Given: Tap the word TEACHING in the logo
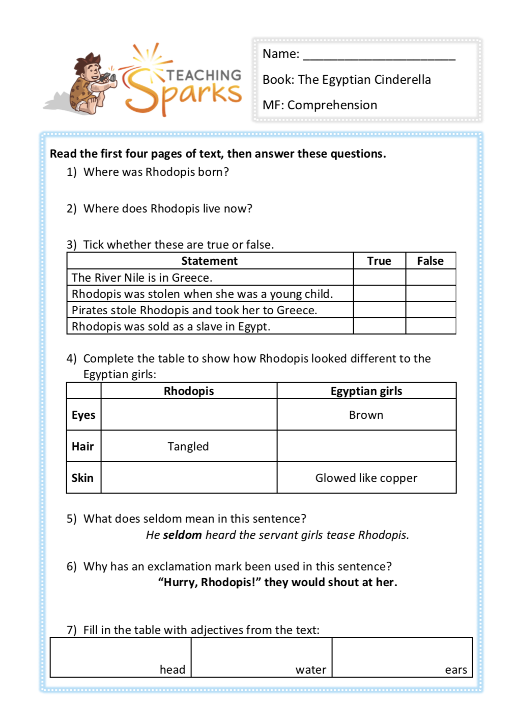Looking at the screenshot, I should click(x=204, y=75).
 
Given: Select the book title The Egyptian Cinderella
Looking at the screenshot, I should click(x=364, y=80).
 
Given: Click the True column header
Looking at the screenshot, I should click(x=379, y=261).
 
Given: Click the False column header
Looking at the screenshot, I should click(x=430, y=261).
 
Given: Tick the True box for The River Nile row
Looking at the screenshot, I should click(x=379, y=278).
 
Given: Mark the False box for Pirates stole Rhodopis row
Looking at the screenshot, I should click(x=430, y=310).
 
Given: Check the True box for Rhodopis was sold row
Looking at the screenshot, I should click(x=379, y=326).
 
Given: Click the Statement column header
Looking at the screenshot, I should click(x=209, y=261).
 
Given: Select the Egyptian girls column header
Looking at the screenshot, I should click(x=366, y=391).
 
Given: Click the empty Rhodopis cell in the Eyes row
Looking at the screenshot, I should click(x=189, y=415).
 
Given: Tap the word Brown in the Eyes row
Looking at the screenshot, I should click(x=366, y=415).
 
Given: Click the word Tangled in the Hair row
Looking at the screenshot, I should click(x=188, y=446).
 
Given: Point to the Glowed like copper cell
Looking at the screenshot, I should click(x=366, y=478).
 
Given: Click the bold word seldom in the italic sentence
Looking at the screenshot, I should click(x=182, y=535).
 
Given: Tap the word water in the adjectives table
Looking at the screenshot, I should click(x=310, y=670).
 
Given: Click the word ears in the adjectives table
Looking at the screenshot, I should click(x=455, y=670).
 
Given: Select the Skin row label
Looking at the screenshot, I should click(x=82, y=478).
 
